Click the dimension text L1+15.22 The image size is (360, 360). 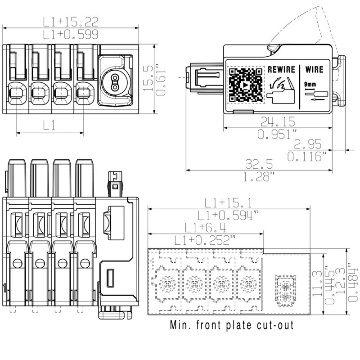71,22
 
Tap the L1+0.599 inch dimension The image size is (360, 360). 71,35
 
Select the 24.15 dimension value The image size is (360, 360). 278,121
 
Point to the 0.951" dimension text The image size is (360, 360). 277,134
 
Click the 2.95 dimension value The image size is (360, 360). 308,144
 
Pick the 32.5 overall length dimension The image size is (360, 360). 259,164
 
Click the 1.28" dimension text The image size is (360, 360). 258,177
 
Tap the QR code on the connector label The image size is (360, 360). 246,85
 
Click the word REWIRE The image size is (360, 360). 282,69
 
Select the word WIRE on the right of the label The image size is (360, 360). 314,69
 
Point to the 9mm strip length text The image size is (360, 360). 310,84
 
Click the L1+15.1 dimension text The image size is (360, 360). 228,203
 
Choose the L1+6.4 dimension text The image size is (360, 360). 205,228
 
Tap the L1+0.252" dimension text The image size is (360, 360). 205,240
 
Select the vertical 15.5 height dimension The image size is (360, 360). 148,78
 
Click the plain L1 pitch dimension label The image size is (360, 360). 49,125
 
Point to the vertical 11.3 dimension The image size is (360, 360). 318,283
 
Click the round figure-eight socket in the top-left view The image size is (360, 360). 115,81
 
